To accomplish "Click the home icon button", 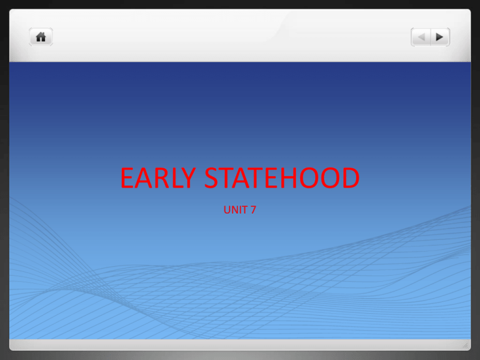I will (41, 37).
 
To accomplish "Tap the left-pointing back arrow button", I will (421, 37).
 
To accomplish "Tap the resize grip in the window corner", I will (464, 344).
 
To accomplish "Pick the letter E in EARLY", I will (127, 179).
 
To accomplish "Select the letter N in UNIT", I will (235, 211).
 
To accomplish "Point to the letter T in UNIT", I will (246, 211).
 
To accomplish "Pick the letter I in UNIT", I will (241, 211).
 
